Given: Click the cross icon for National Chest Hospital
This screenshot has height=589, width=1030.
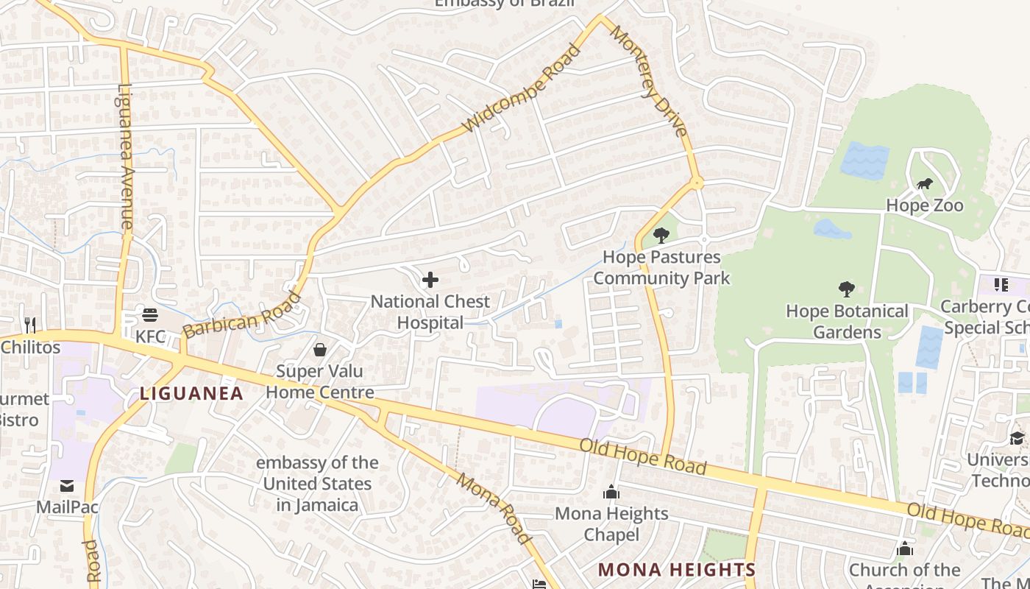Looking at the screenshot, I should click(x=430, y=280).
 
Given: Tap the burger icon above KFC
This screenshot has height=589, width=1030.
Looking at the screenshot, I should click(x=150, y=315).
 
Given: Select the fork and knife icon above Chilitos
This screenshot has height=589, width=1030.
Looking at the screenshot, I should click(x=30, y=325).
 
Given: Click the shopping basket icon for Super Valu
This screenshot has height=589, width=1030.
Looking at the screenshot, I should click(x=320, y=349).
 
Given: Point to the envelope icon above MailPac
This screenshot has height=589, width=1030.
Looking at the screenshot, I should click(x=67, y=485).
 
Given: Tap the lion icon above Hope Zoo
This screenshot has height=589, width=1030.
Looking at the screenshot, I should click(x=924, y=184).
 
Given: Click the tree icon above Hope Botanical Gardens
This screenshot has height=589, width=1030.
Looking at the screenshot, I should click(x=846, y=289).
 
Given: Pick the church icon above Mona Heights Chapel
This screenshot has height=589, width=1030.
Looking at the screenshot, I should click(x=611, y=492).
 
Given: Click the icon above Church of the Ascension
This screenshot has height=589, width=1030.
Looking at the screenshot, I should click(x=905, y=549).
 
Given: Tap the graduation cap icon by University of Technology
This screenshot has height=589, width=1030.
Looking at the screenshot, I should click(x=1017, y=439).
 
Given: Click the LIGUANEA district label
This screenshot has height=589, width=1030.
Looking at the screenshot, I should click(x=191, y=394).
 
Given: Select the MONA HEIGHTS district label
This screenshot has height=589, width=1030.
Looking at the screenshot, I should click(x=676, y=569).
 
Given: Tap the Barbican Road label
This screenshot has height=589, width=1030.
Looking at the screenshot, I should click(x=242, y=315).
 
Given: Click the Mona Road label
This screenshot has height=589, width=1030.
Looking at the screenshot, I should click(x=494, y=509).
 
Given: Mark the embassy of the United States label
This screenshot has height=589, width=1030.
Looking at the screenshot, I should click(x=317, y=484).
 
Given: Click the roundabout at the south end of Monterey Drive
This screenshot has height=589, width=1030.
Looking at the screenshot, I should click(x=696, y=183).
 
